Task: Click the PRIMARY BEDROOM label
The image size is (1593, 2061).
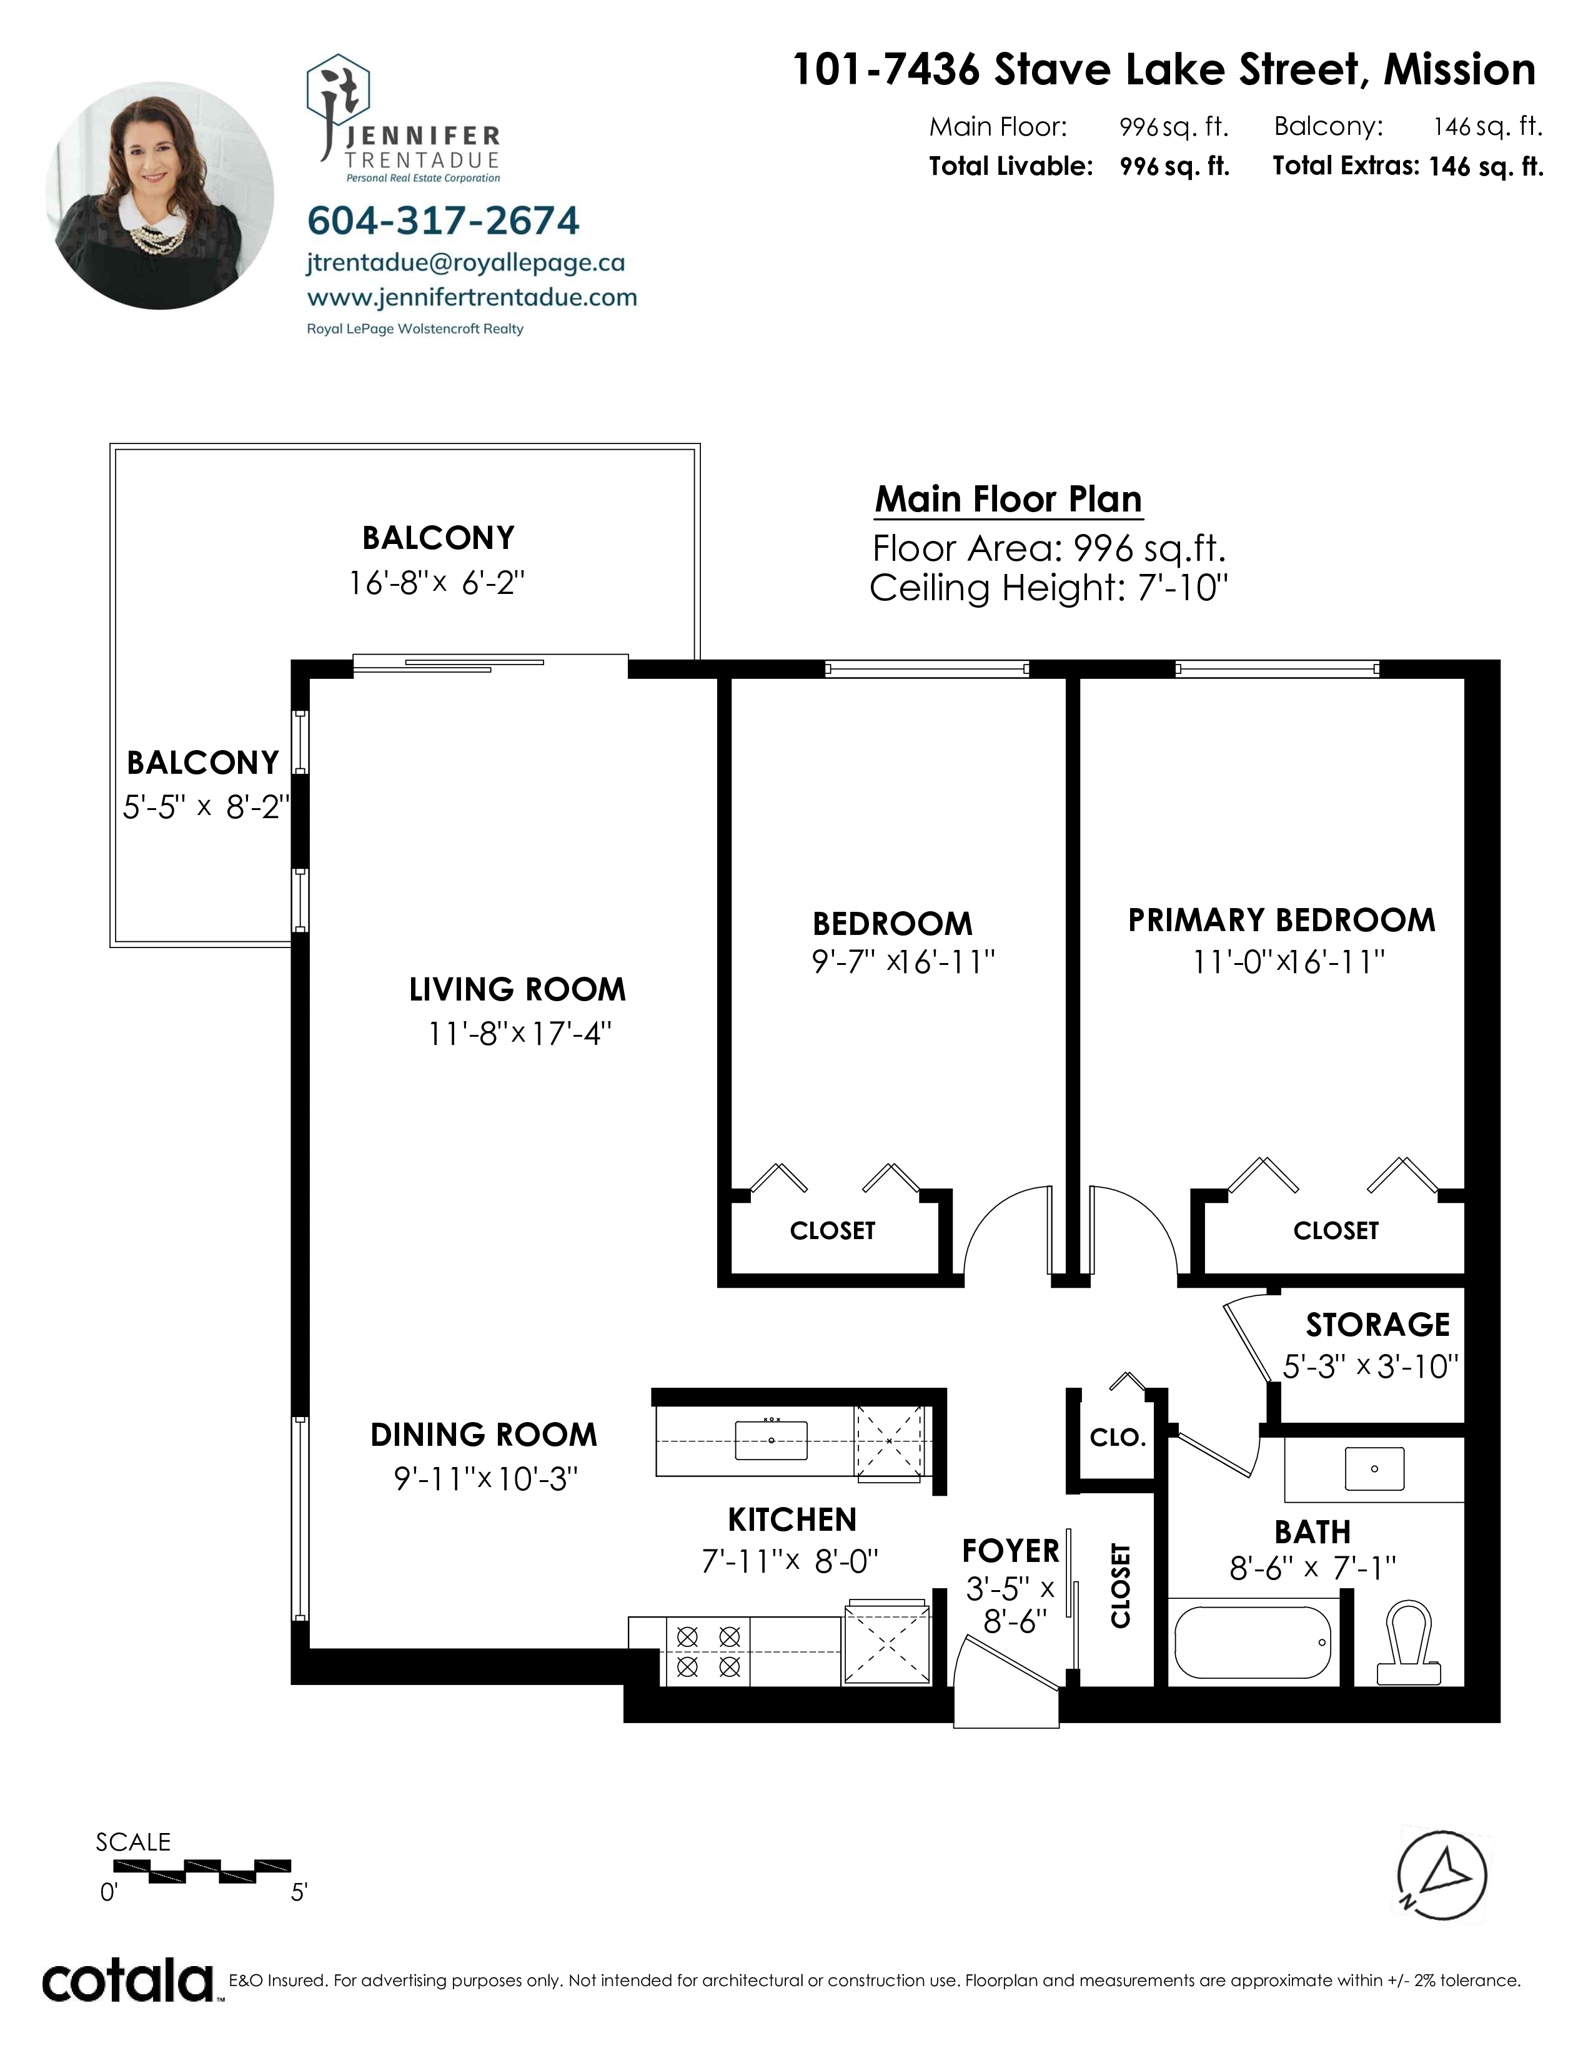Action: point(1281,920)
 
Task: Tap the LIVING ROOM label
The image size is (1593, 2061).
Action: point(517,989)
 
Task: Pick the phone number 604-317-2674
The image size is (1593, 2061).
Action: point(444,220)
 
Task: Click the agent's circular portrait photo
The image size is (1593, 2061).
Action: point(159,195)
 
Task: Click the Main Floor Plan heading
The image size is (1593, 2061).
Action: point(1009,498)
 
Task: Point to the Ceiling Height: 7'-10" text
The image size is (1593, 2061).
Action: point(1048,588)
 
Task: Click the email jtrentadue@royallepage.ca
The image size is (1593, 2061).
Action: point(466,264)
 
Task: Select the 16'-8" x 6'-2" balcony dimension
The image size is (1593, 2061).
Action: point(437,583)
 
